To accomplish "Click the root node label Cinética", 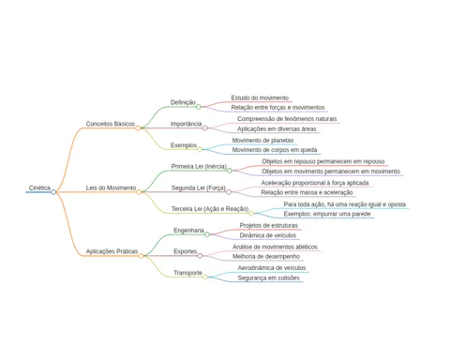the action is coord(39,187).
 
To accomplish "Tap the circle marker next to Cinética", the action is coord(53,192).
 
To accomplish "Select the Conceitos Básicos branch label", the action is coord(111,124).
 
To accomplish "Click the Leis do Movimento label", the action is coord(111,187).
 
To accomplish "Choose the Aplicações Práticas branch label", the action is coord(112,251).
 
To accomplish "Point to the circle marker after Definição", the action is coord(199,107).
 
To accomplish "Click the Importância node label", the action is coord(186,124).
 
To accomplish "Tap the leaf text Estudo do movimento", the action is coord(260,97).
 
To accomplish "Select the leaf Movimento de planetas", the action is coord(262,141).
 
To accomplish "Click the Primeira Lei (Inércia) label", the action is coord(199,166).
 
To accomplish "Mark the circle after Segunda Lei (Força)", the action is coord(229,192).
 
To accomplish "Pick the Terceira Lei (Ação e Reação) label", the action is coord(210,209).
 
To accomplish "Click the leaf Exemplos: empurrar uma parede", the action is coord(327,214).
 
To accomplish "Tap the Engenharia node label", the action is coord(188,231).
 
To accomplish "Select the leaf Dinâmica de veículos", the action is coord(268,235).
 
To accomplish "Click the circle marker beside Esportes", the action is coord(200,256).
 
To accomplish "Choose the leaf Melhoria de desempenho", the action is coord(266,257).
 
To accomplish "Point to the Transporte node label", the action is coord(187,273).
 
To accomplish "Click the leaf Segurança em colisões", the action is coord(269,277).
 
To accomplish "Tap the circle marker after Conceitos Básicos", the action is coord(138,128).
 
